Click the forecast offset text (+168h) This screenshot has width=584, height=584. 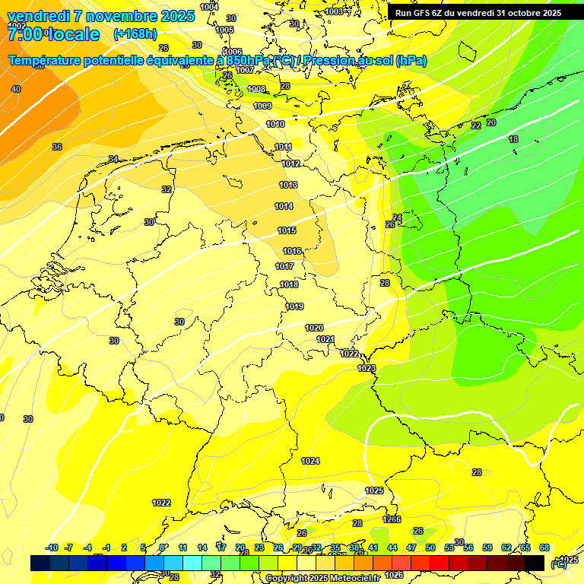(x=135, y=33)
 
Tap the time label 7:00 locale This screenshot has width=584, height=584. (x=53, y=34)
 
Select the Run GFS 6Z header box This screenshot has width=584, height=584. (x=478, y=13)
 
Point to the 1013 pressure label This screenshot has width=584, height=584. (x=288, y=185)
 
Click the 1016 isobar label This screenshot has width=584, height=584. (x=292, y=251)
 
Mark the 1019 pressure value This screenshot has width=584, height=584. (x=295, y=306)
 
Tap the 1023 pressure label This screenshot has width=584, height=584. (x=367, y=368)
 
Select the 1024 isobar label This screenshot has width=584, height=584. (x=309, y=461)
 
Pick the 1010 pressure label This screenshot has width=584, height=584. (x=275, y=124)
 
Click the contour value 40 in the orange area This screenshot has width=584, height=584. (x=16, y=89)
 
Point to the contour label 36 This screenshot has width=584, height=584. (x=57, y=147)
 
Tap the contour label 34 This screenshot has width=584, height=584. (x=113, y=159)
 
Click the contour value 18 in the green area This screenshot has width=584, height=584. (x=513, y=139)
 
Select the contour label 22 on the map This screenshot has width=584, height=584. (x=476, y=125)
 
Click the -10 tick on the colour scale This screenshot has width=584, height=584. (x=52, y=547)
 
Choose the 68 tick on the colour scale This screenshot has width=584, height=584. (x=544, y=547)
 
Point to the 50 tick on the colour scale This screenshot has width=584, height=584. (x=430, y=547)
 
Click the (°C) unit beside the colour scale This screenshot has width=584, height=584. (x=559, y=563)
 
